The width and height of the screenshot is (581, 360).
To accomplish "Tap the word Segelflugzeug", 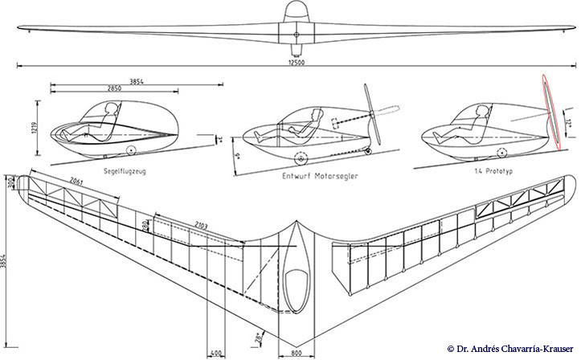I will point(125,170).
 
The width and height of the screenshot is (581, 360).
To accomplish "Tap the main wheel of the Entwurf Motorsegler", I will point(302,158).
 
